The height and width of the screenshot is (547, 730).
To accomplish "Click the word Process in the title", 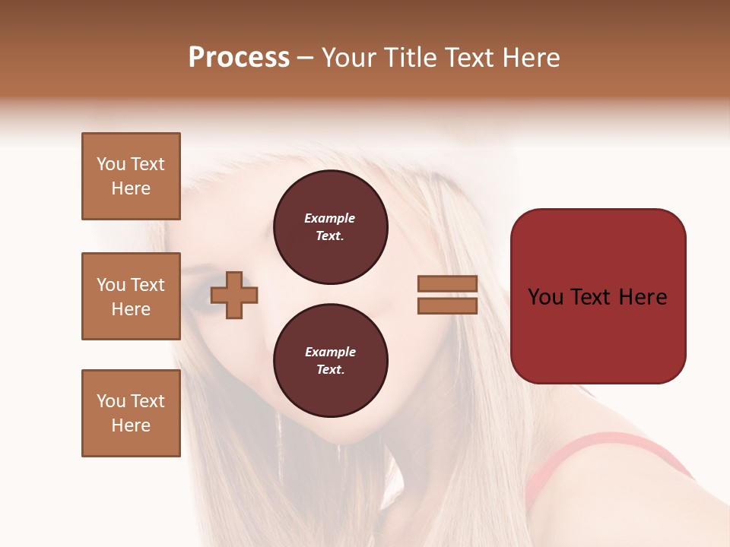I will tap(239, 58).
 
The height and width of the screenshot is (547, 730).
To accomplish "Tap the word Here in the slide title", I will tap(532, 58).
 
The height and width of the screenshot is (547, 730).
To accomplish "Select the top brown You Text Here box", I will tap(131, 176).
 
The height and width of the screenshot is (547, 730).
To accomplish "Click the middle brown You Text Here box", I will tap(131, 296).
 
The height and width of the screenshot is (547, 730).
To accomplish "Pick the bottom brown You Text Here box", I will tap(131, 413).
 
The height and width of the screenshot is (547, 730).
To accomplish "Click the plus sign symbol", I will tap(234, 295).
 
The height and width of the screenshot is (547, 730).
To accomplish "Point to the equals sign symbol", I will tap(447, 295).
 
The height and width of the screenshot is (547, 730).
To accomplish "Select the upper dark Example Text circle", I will tap(330, 227).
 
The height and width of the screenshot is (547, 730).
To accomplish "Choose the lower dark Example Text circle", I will tap(330, 361).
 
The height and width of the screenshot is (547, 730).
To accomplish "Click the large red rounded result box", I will tap(598, 296).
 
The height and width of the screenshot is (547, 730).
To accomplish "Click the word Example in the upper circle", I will tap(330, 219).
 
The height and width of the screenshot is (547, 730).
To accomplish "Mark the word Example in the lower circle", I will tap(330, 353).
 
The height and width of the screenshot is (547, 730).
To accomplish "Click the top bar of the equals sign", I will tap(447, 283).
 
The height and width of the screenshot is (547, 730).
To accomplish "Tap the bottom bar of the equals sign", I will tap(447, 306).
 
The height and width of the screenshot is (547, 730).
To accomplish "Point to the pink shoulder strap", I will tap(578, 448).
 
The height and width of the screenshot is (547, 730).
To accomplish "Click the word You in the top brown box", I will tap(111, 164).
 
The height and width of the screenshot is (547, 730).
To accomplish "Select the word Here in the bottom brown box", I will tap(131, 425).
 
